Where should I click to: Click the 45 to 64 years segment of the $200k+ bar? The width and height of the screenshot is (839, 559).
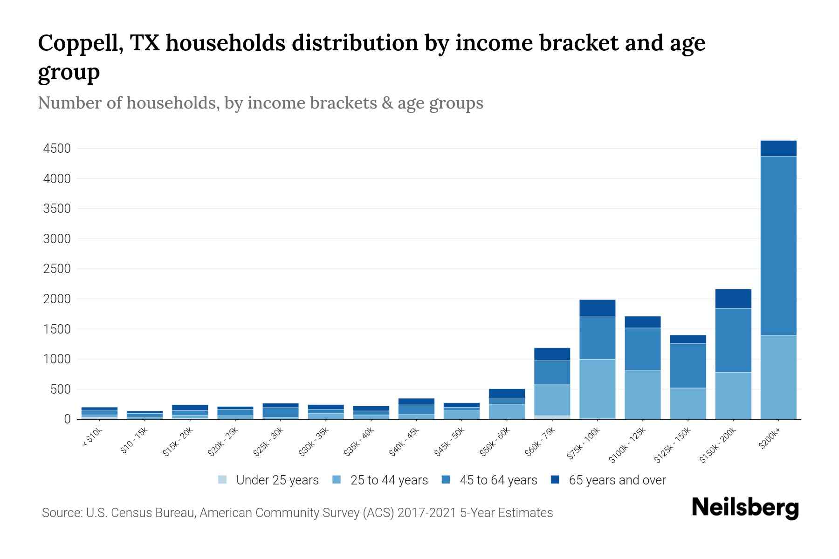coord(778,245)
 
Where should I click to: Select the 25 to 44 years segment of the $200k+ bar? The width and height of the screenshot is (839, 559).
coord(778,377)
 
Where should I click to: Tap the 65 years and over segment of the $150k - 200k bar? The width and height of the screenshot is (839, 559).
coord(733,299)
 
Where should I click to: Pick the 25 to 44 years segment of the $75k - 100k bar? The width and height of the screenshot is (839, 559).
coord(598,389)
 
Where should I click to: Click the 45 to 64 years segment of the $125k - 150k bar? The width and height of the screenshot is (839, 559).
coord(688,365)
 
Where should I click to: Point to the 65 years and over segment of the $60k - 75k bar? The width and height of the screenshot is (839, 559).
coord(552,354)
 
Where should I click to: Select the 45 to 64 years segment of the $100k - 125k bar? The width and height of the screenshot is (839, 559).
coord(643,349)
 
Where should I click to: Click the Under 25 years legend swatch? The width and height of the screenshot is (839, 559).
coord(222,480)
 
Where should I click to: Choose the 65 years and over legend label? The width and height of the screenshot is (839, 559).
coord(617,480)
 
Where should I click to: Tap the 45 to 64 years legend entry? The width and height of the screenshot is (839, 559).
coord(498,480)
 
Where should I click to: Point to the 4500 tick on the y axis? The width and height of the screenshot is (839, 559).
coord(57,149)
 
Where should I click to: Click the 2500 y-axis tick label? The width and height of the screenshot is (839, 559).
coord(57,269)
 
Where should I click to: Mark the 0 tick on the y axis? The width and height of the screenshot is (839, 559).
coord(68,419)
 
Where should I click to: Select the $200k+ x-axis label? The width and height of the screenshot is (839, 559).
coord(770,439)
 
